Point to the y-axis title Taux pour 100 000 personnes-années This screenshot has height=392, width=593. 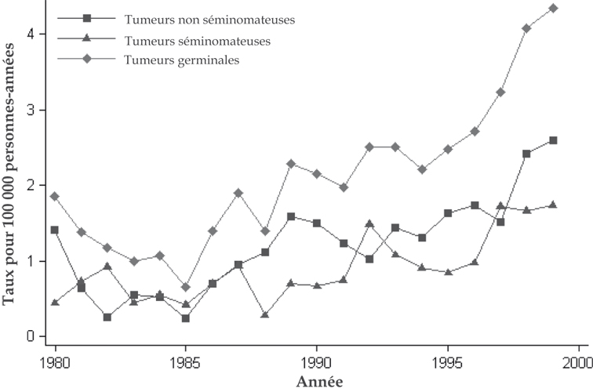(x=11, y=174)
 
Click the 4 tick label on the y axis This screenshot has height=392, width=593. (x=31, y=34)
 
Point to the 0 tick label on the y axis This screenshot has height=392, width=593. (x=31, y=336)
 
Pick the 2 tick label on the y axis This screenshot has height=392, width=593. (x=31, y=185)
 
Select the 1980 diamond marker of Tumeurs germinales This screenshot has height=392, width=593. (x=55, y=196)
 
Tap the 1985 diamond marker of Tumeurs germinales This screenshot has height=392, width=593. (x=185, y=287)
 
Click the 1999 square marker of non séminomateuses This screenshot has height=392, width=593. (x=553, y=140)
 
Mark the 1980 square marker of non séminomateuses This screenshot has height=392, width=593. (x=55, y=230)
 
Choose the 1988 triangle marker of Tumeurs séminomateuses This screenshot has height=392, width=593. (x=264, y=314)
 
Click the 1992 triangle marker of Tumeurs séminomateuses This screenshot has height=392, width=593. (x=369, y=223)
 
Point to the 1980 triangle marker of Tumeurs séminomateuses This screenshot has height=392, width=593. (x=55, y=302)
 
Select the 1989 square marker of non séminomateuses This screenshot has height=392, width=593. (x=290, y=216)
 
